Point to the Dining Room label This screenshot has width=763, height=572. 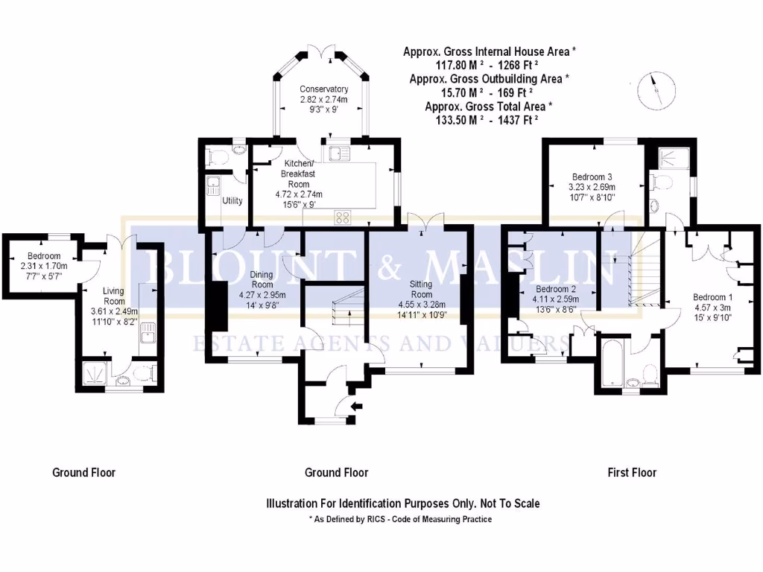pyautogui.click(x=262, y=279)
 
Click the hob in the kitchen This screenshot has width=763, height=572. pyautogui.click(x=343, y=217)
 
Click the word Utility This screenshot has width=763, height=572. pyautogui.click(x=232, y=201)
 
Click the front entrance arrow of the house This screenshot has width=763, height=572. pyautogui.click(x=355, y=406)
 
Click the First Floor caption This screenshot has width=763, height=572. pyautogui.click(x=632, y=472)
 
